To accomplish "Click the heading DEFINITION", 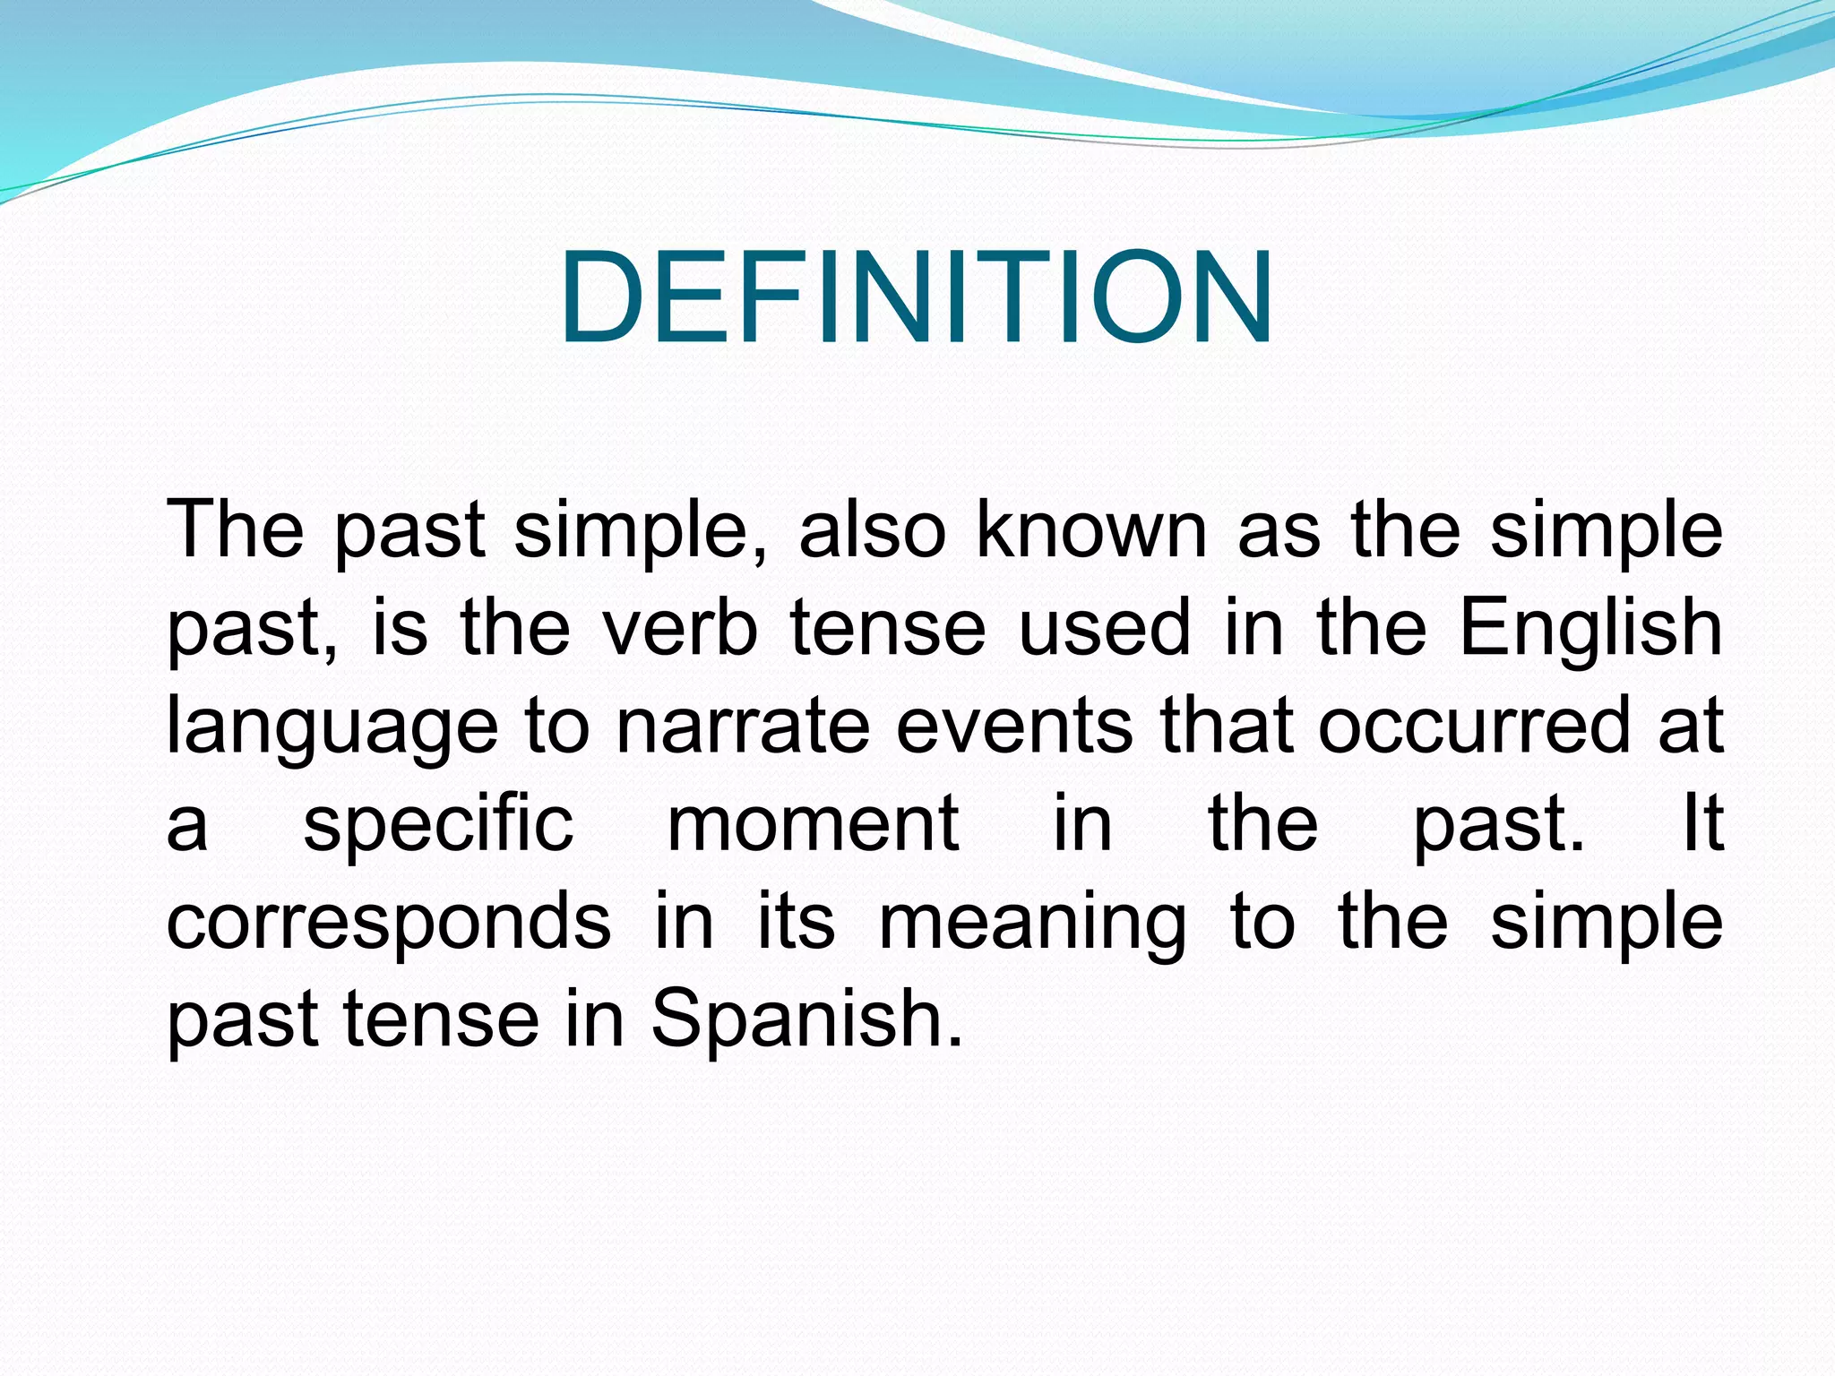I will tap(917, 297).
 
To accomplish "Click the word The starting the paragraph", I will tap(235, 530).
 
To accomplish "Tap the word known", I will tap(1091, 530).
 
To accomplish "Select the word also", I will tap(872, 530).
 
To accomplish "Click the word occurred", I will tap(1474, 726).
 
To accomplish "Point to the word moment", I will tap(814, 824).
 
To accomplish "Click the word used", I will tap(1105, 628).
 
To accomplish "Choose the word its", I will tap(797, 922).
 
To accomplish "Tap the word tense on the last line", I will tap(441, 1020).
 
